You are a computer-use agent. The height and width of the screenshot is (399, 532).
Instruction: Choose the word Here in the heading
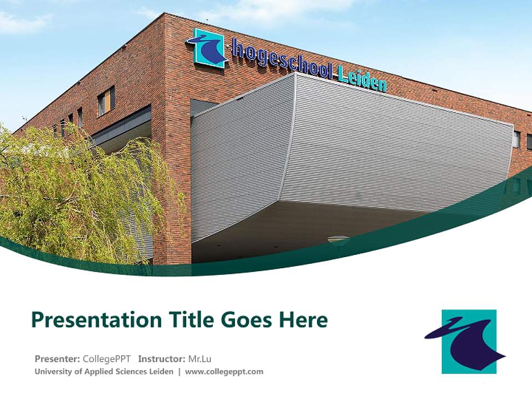pyautogui.click(x=304, y=320)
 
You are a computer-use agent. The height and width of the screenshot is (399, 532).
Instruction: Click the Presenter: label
pyautogui.click(x=58, y=359)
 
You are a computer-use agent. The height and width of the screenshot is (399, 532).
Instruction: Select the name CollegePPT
pyautogui.click(x=107, y=359)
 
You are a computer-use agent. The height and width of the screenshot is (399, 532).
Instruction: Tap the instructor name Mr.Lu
pyautogui.click(x=199, y=359)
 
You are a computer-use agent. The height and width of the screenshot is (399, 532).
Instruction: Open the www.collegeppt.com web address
pyautogui.click(x=224, y=372)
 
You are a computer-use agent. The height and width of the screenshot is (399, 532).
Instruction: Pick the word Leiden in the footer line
pyautogui.click(x=161, y=372)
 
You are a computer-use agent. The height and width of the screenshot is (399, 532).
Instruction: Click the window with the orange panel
pyautogui.click(x=105, y=101)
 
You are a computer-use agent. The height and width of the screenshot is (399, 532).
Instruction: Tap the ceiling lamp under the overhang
pyautogui.click(x=338, y=240)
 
